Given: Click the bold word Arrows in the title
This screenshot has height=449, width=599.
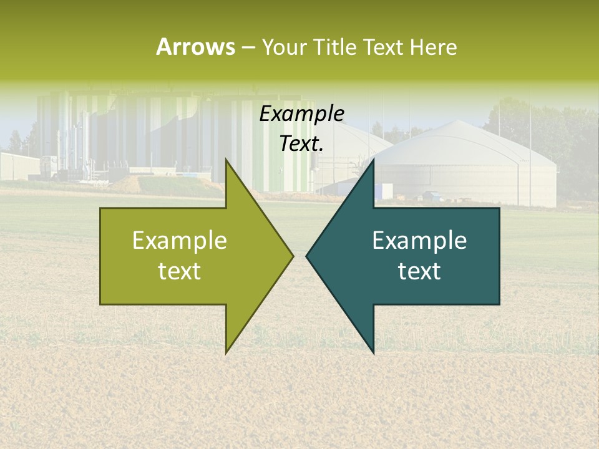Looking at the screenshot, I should coord(195,47).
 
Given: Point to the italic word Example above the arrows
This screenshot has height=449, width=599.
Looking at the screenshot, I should coord(301,114).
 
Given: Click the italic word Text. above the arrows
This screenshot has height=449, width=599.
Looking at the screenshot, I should coord(301,144).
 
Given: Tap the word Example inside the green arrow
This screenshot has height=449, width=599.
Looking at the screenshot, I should coord(180,241).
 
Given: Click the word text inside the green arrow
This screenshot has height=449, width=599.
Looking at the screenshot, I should coord(180,271).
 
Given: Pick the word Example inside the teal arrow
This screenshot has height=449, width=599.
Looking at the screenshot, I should coord(419,241).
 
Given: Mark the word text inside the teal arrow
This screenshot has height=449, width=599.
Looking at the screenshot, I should coord(419,271).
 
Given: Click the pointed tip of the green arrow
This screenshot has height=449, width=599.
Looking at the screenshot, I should coord(291,256).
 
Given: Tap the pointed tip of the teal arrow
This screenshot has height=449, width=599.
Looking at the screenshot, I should coord(308,256).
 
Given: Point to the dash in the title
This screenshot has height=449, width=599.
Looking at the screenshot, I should coord(248,48).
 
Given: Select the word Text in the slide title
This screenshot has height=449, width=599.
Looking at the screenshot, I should coord(383,47).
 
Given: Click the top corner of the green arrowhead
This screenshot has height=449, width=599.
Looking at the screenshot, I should coord(226,161).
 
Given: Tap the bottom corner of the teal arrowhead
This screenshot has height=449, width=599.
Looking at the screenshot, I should coord(373,352).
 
